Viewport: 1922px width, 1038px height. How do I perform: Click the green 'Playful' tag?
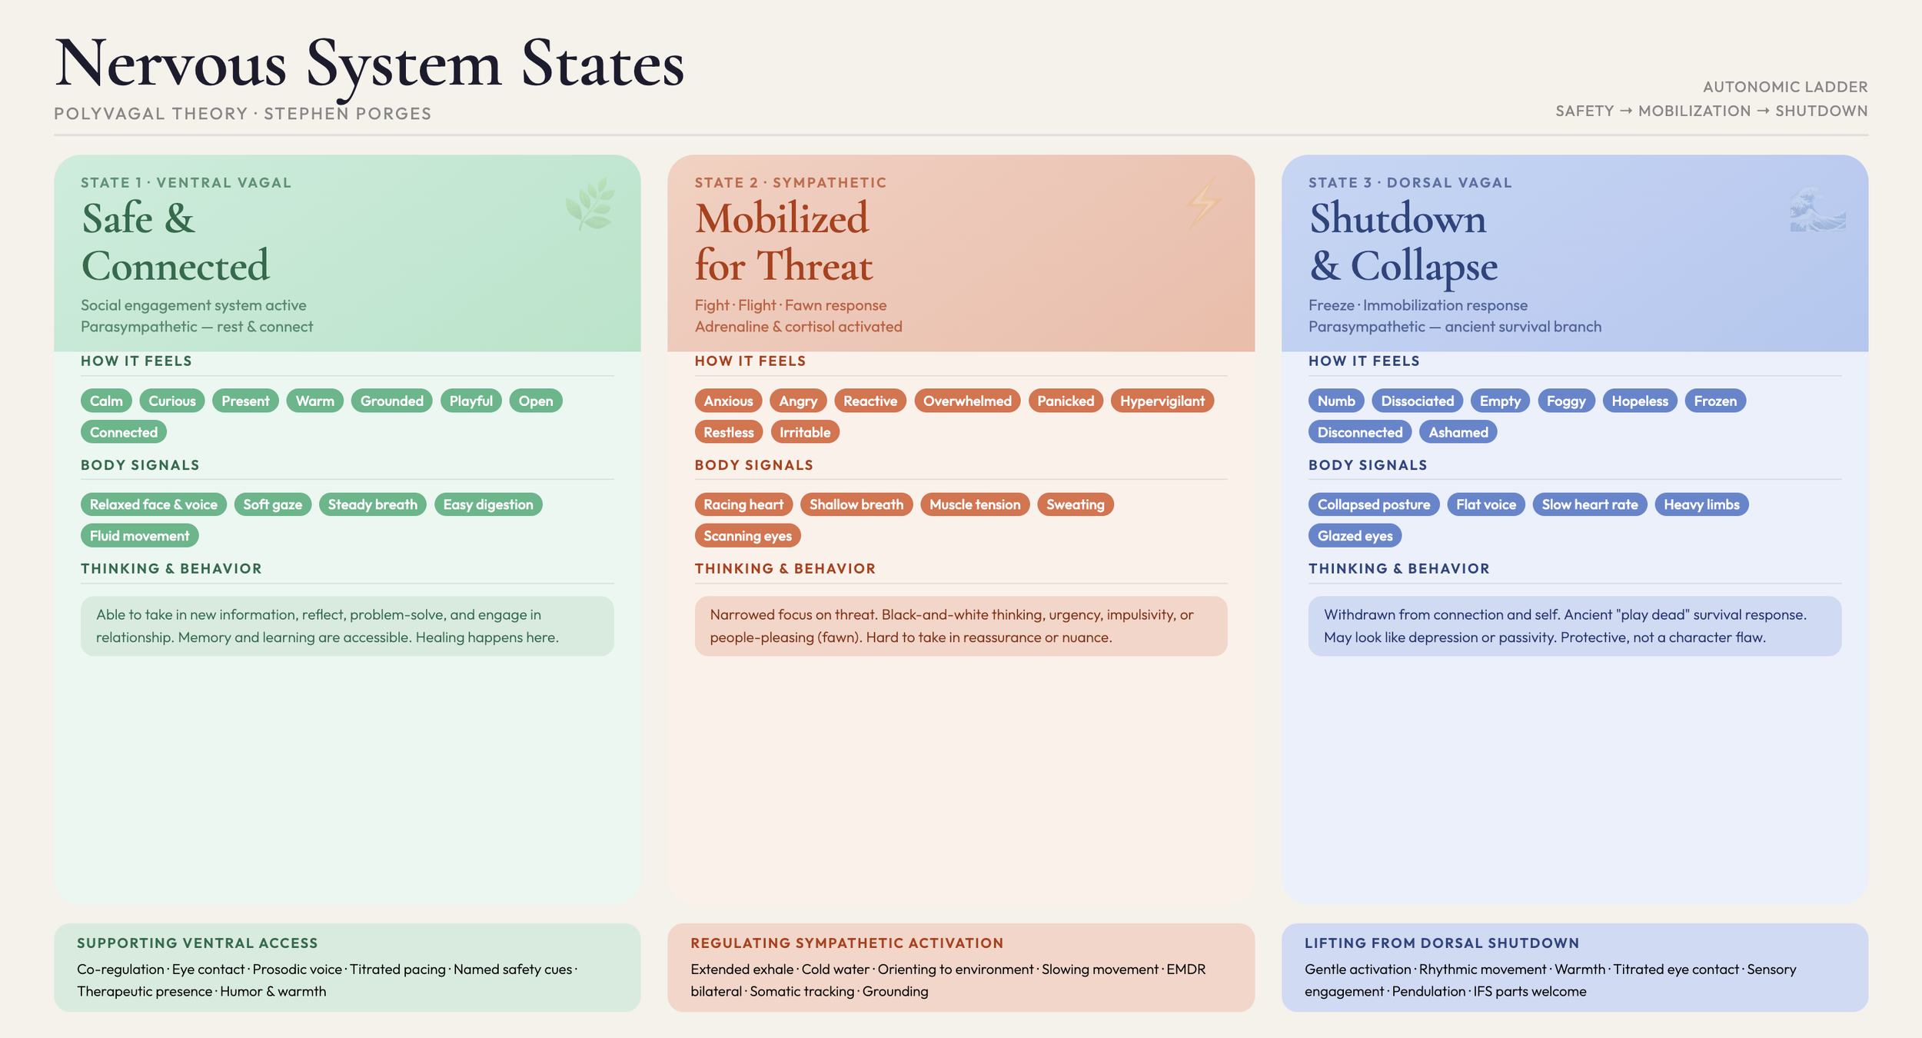coord(471,401)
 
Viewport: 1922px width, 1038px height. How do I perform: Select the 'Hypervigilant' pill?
coord(1162,401)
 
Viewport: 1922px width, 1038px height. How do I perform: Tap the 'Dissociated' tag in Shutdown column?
coord(1417,401)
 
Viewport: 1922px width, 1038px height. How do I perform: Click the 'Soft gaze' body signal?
coord(272,504)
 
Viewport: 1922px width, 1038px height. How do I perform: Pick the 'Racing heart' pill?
coord(743,504)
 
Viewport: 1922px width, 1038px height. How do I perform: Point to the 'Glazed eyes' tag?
coord(1355,536)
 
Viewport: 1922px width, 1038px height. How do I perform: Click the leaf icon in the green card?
coord(590,204)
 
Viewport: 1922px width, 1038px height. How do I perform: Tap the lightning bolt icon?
coord(1202,204)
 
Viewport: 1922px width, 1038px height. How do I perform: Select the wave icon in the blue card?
coord(1817,210)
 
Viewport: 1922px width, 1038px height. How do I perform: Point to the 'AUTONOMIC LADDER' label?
coord(1784,87)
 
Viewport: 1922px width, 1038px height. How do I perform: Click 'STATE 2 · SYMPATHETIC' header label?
coord(790,183)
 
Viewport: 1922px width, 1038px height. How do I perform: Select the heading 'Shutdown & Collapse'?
coord(1403,241)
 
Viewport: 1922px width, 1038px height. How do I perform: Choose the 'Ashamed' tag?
coord(1458,432)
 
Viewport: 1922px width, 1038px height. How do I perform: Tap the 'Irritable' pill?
coord(804,432)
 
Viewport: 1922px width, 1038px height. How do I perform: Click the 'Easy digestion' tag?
coord(487,504)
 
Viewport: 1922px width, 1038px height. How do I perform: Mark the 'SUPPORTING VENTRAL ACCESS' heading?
coord(197,943)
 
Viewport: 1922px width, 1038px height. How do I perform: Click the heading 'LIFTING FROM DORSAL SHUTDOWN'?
coord(1441,943)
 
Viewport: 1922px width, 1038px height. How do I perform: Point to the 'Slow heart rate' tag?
coord(1589,504)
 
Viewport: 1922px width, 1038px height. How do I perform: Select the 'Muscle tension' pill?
coord(974,504)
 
